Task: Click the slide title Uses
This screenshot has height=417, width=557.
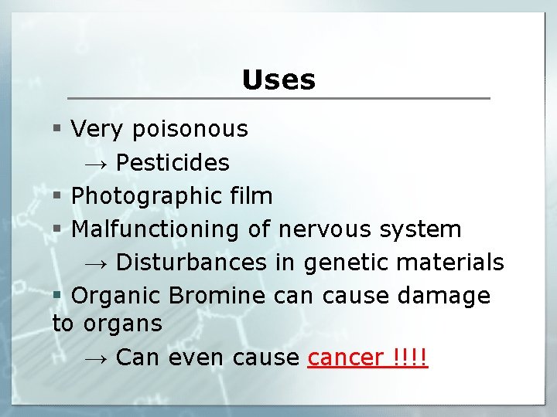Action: pyautogui.click(x=278, y=80)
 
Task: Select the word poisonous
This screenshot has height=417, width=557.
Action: pyautogui.click(x=190, y=129)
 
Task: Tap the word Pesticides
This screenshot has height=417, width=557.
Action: pyautogui.click(x=173, y=162)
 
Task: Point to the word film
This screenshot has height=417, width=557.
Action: pyautogui.click(x=251, y=196)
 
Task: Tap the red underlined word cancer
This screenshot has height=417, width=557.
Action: pyautogui.click(x=345, y=358)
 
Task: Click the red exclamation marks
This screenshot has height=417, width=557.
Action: pyautogui.click(x=410, y=358)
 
